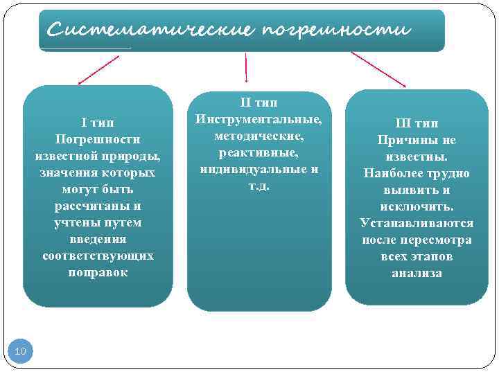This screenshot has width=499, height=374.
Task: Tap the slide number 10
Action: [x=20, y=352]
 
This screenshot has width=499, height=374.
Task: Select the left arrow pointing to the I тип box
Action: [x=98, y=70]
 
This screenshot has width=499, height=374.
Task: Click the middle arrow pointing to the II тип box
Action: [x=246, y=68]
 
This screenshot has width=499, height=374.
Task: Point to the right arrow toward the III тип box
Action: [x=378, y=69]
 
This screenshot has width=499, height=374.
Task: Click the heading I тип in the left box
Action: [x=98, y=123]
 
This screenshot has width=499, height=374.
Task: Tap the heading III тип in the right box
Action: [x=417, y=123]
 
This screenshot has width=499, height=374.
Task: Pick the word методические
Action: [x=258, y=136]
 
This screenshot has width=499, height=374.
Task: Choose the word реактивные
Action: [x=258, y=152]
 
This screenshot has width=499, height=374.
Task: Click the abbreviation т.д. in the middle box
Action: [x=258, y=186]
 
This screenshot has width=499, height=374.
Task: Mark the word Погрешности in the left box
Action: [x=98, y=139]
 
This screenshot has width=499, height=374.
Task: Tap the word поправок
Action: [x=98, y=272]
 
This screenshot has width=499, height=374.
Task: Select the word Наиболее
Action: [x=395, y=173]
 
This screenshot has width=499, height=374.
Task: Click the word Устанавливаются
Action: [x=417, y=223]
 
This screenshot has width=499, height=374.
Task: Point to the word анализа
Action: [x=417, y=273]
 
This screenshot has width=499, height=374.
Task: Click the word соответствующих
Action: [x=98, y=256]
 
